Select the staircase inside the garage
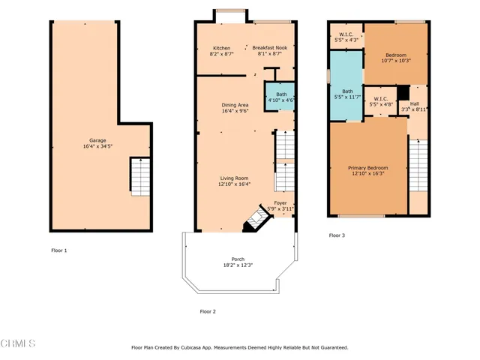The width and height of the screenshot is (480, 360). (x=139, y=177)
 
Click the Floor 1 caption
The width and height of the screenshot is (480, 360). (x=59, y=250)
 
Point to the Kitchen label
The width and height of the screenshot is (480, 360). (x=222, y=48)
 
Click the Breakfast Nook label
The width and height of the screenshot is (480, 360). (x=269, y=48)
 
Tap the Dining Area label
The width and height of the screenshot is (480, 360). (x=234, y=105)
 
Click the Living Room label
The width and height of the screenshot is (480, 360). (x=234, y=178)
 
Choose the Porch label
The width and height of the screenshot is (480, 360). (x=238, y=259)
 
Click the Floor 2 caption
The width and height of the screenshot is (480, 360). (x=208, y=311)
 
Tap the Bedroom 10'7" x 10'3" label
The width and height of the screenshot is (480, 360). (x=395, y=55)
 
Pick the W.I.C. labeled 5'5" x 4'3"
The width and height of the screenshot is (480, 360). (x=346, y=35)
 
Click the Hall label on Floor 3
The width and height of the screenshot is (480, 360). (x=414, y=104)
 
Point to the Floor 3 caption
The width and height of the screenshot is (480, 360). (x=337, y=235)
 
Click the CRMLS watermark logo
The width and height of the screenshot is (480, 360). (x=18, y=343)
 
